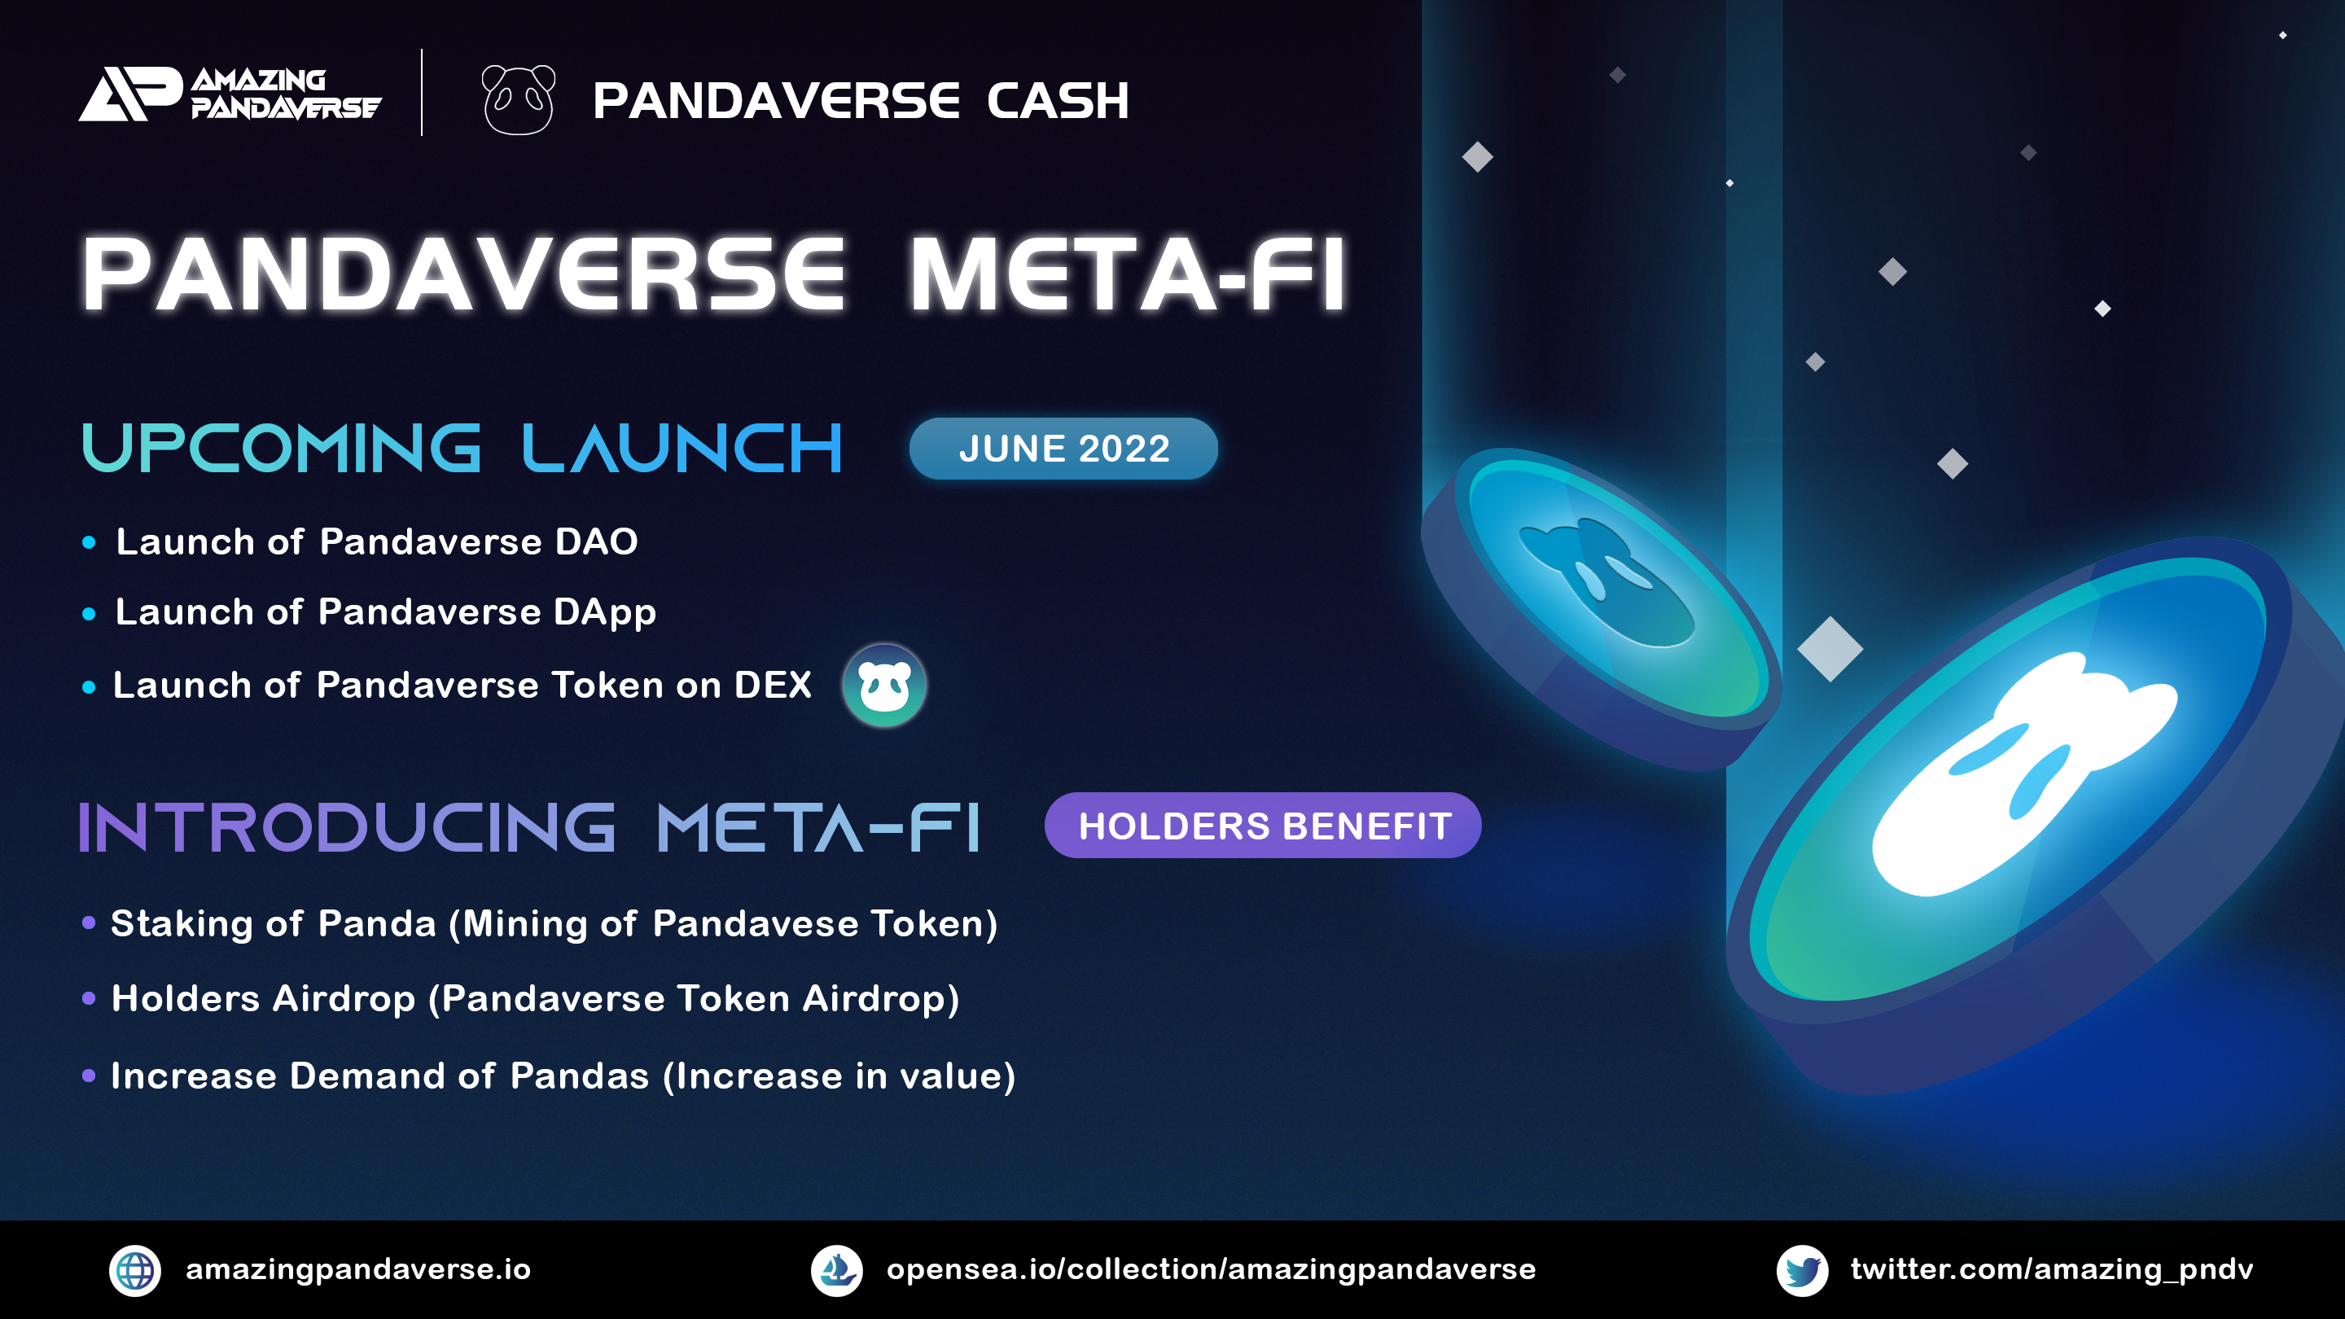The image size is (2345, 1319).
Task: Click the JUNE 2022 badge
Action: point(1063,449)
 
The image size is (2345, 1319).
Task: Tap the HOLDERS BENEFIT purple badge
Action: point(1263,826)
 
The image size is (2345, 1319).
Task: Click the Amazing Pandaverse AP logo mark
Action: point(129,94)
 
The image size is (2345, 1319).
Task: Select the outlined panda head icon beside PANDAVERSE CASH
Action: point(518,99)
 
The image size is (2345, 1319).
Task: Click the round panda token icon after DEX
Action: point(884,686)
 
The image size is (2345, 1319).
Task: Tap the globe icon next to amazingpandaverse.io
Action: point(134,1271)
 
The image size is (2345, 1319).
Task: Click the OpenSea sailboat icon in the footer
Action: point(836,1271)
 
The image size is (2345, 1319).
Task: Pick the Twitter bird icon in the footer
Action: point(1803,1271)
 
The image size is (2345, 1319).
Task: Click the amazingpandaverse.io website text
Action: point(357,1270)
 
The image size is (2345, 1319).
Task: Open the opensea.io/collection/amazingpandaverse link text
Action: point(1212,1270)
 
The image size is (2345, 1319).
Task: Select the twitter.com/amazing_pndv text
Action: point(2052,1270)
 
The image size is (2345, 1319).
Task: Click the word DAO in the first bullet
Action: point(596,541)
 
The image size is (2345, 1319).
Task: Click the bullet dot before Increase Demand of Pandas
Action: point(88,1076)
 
